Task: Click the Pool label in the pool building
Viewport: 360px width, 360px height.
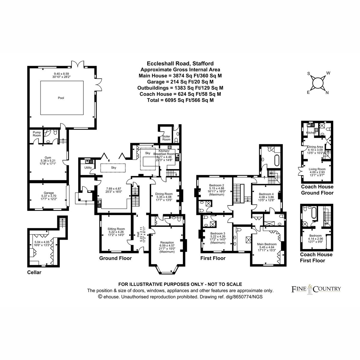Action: pos(61,98)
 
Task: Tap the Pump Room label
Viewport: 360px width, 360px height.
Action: pos(37,134)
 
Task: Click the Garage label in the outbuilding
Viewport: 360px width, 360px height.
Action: pos(49,193)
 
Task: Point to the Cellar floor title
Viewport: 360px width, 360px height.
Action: pos(34,272)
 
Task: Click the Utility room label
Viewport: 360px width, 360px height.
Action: pos(88,168)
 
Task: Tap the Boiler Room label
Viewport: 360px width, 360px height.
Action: pos(166,138)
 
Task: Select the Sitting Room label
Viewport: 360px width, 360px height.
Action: pos(116,229)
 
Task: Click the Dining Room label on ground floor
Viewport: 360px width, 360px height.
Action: pos(164,194)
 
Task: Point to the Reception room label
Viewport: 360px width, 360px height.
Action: pos(167,242)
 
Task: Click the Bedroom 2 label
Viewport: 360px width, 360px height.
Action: pos(217,185)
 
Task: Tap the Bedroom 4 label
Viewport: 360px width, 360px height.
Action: pos(266,194)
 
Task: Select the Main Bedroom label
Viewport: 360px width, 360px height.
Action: pos(267,244)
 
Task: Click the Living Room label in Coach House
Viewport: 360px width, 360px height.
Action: pos(317,169)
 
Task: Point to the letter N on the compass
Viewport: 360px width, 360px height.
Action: pos(327,93)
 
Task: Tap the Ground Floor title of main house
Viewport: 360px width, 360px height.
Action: pos(115,258)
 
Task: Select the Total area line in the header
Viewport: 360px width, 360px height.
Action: pos(180,100)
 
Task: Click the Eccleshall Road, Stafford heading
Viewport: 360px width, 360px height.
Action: pos(180,64)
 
